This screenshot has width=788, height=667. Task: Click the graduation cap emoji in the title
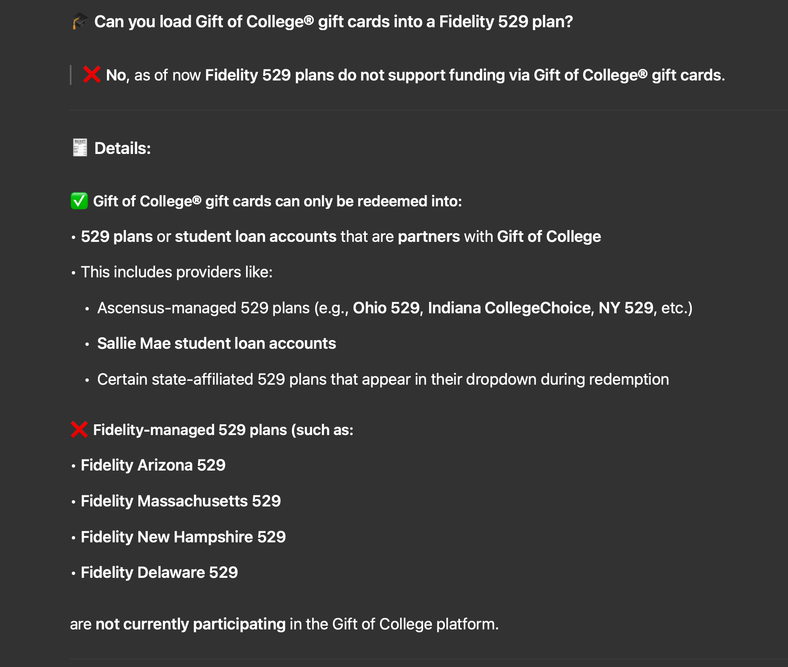[x=80, y=21]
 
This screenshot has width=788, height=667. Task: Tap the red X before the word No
[x=91, y=75]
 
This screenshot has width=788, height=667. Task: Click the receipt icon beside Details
[x=80, y=148]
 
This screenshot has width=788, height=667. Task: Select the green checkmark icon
[x=79, y=201]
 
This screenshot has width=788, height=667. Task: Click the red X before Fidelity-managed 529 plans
[x=79, y=430]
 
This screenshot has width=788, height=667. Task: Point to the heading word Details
[x=123, y=148]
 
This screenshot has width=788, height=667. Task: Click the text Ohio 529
[x=386, y=308]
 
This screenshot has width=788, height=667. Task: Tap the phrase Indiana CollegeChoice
[x=509, y=308]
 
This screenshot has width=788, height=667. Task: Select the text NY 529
[x=626, y=308]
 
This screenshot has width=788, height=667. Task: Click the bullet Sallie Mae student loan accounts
[x=216, y=343]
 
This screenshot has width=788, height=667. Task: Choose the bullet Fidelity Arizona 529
[x=153, y=465]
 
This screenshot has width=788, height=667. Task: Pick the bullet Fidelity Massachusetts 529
[x=180, y=501]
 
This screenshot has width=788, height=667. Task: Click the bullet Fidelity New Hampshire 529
[x=183, y=537]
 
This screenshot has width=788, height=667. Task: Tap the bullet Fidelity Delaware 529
[x=159, y=572]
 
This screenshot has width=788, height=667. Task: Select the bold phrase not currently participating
[x=190, y=624]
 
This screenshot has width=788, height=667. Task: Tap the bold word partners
[x=429, y=237]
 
